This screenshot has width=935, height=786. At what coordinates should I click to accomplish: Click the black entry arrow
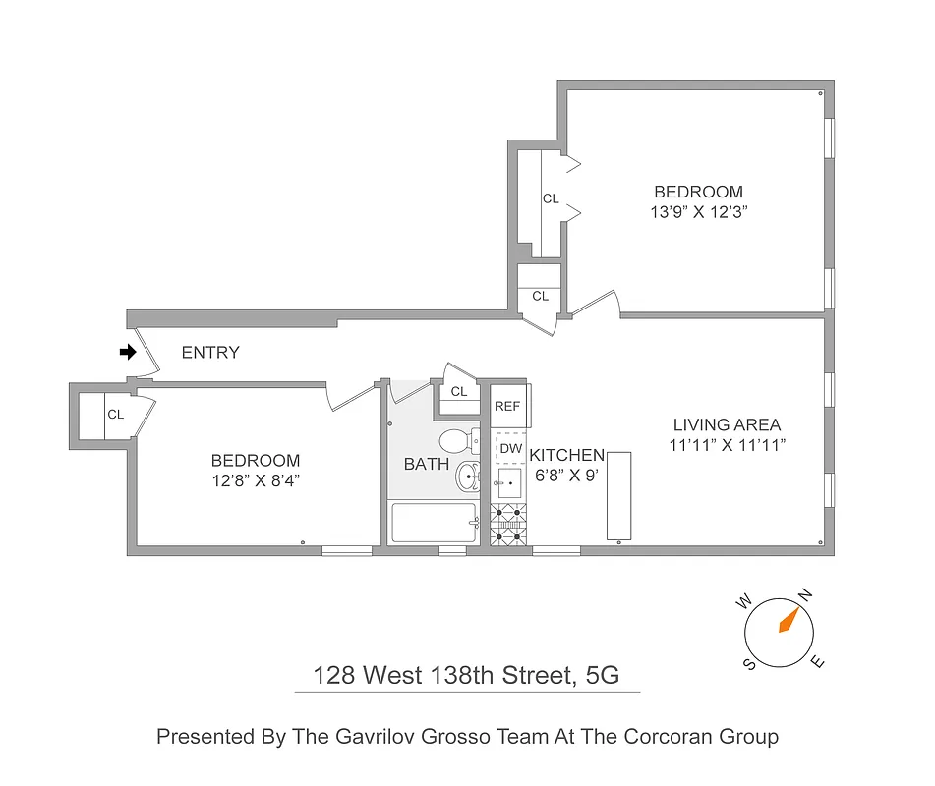coord(127,352)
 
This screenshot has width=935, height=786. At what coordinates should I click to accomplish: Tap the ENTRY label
coord(210,353)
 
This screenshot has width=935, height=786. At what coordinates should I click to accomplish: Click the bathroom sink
coord(468,478)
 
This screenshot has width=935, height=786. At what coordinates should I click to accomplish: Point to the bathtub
coord(435,522)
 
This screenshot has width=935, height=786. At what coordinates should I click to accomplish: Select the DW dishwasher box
coord(510,449)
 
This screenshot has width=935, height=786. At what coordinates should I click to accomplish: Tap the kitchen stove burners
coord(509,524)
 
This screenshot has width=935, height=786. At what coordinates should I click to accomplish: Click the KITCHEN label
coord(566,455)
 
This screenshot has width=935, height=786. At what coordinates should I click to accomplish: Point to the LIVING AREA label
coord(727,425)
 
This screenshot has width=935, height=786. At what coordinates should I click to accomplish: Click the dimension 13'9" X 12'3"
coord(698,211)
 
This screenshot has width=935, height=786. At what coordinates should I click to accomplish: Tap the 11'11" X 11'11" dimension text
coord(727,445)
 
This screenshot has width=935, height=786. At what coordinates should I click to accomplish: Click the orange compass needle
coord(788,621)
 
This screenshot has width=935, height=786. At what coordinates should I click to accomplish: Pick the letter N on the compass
coord(805,593)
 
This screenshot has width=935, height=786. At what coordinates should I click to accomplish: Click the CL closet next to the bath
coord(459,392)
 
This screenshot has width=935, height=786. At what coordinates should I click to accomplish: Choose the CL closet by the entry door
coord(116,415)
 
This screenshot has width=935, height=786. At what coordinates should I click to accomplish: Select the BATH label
coord(426,464)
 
